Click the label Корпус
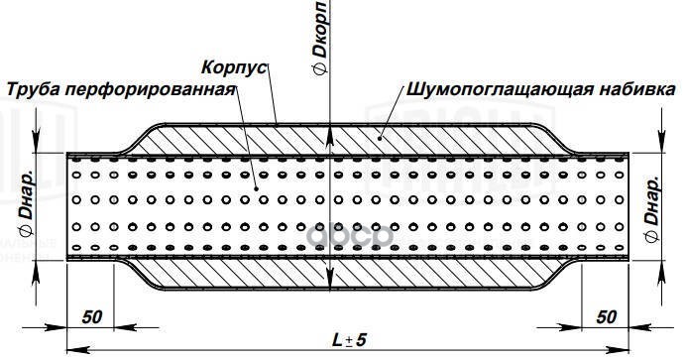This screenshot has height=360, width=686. pos(233,71)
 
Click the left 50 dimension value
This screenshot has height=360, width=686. pos(92,316)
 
